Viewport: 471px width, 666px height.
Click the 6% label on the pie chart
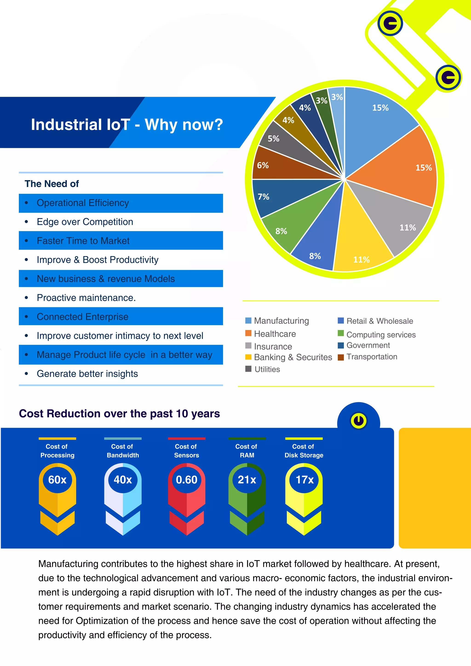click(263, 165)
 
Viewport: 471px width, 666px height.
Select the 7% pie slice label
click(263, 197)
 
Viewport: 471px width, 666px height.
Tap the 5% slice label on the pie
click(273, 139)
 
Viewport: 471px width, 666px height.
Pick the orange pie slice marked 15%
click(406, 168)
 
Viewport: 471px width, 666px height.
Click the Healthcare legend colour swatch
click(248, 333)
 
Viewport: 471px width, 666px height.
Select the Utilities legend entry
click(267, 369)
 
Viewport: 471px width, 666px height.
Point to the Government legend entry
click(368, 345)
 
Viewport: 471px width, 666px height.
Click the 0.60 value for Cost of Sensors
click(187, 480)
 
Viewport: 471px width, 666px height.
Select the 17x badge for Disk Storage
click(304, 480)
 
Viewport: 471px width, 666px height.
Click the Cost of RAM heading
click(247, 451)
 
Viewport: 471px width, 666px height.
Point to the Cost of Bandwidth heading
click(123, 451)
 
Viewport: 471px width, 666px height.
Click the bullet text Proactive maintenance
click(86, 298)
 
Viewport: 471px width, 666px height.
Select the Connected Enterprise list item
click(82, 316)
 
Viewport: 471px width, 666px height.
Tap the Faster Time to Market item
click(83, 241)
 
